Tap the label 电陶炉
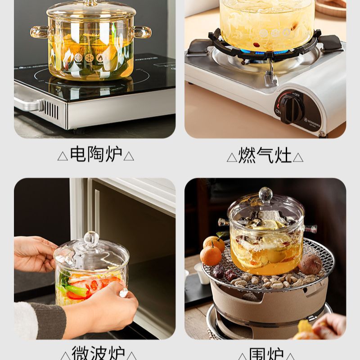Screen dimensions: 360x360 tap(96, 155)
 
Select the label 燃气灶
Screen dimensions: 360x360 tap(265, 156)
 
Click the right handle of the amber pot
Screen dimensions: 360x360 tap(142, 32)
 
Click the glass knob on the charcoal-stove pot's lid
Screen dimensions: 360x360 tap(265, 194)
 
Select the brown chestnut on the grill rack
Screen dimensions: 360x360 tap(310, 265)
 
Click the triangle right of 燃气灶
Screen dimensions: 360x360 tap(298, 157)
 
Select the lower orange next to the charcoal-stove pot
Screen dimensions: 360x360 tap(211, 256)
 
